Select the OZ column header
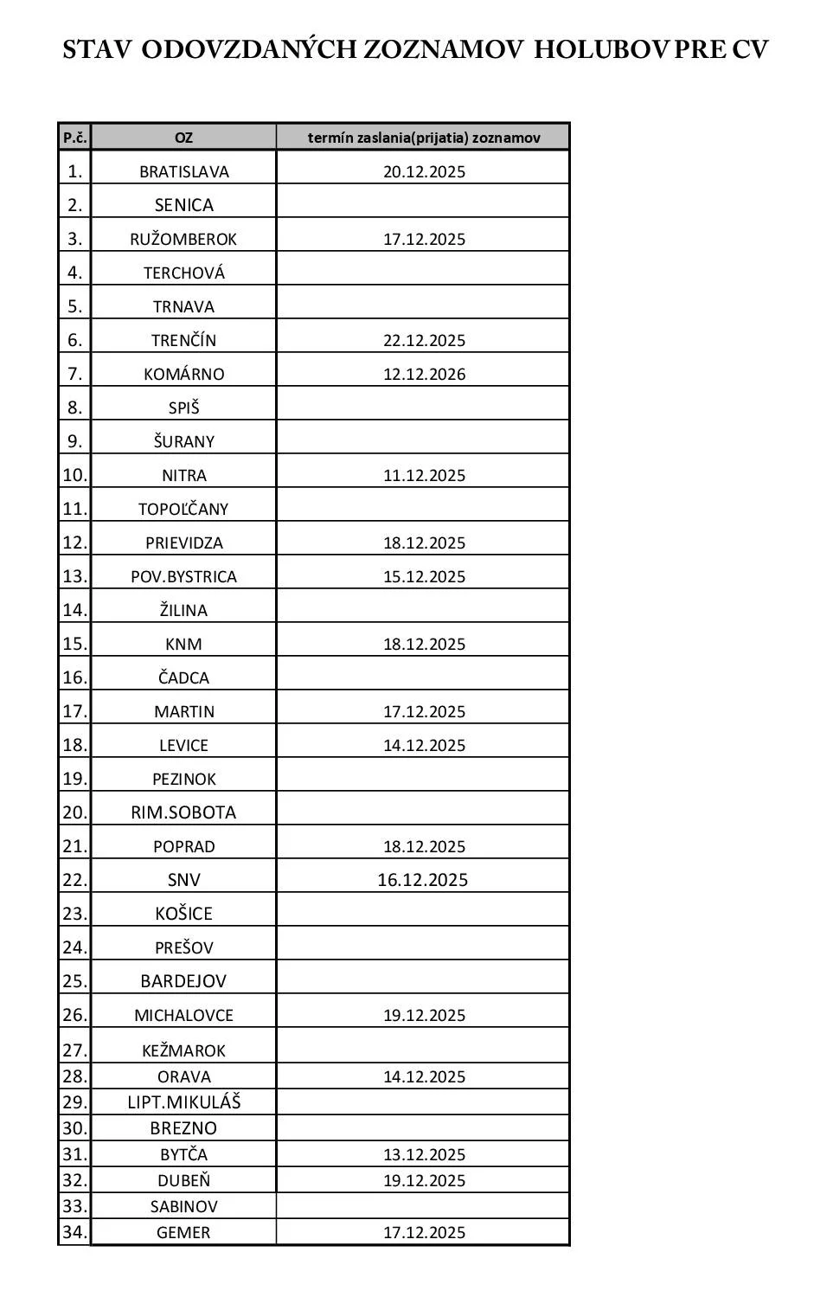183,138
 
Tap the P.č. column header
74,138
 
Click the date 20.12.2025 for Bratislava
424,171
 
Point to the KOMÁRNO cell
183,374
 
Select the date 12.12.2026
424,374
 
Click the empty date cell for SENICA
423,204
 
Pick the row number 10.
74,475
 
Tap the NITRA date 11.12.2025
424,475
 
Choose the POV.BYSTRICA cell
183,576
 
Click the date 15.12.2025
424,576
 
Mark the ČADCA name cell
183,677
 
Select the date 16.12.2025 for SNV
422,880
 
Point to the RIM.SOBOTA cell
183,812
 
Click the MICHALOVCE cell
183,1015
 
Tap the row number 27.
74,1050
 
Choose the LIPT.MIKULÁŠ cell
183,1101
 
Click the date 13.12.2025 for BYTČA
424,1154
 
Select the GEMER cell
183,1232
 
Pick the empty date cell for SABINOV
423,1205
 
